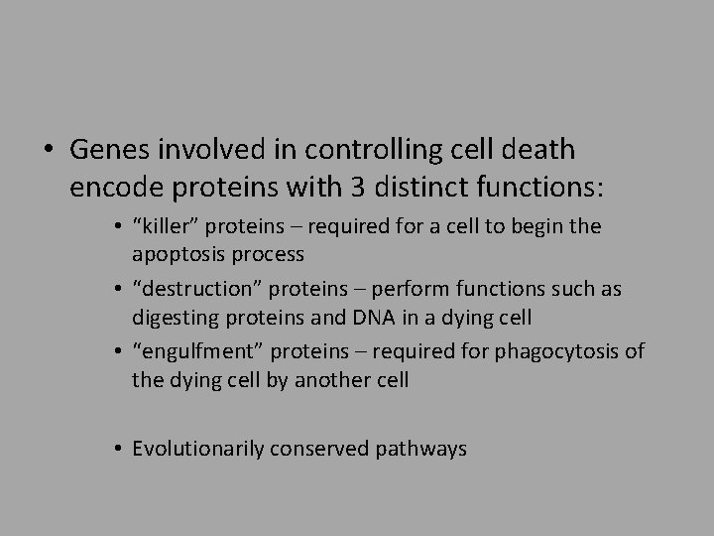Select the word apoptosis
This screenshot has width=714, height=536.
tap(175, 254)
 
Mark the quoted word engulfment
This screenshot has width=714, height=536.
tap(191, 352)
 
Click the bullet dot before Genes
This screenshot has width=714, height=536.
tap(48, 151)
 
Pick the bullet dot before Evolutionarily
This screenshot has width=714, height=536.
tap(118, 450)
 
